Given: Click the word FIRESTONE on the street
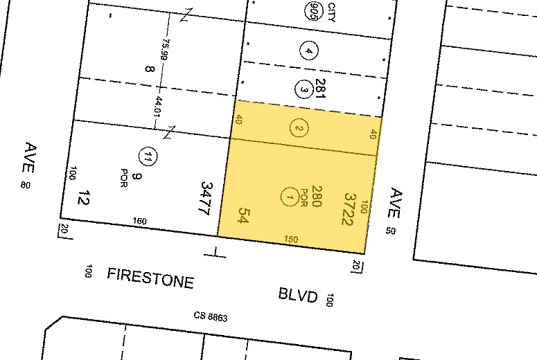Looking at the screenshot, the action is pyautogui.click(x=150, y=278).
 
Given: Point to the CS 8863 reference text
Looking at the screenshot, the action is pyautogui.click(x=211, y=317).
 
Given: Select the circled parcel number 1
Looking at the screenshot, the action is pyautogui.click(x=289, y=197).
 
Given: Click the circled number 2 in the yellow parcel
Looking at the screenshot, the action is pyautogui.click(x=299, y=128).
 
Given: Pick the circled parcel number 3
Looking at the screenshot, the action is pyautogui.click(x=303, y=89).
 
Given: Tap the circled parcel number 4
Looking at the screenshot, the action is pyautogui.click(x=308, y=50).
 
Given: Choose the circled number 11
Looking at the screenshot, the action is pyautogui.click(x=146, y=156).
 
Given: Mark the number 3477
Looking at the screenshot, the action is pyautogui.click(x=205, y=198).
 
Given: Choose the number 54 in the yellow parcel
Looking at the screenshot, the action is pyautogui.click(x=243, y=215).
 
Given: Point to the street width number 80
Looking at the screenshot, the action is pyautogui.click(x=26, y=185).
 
